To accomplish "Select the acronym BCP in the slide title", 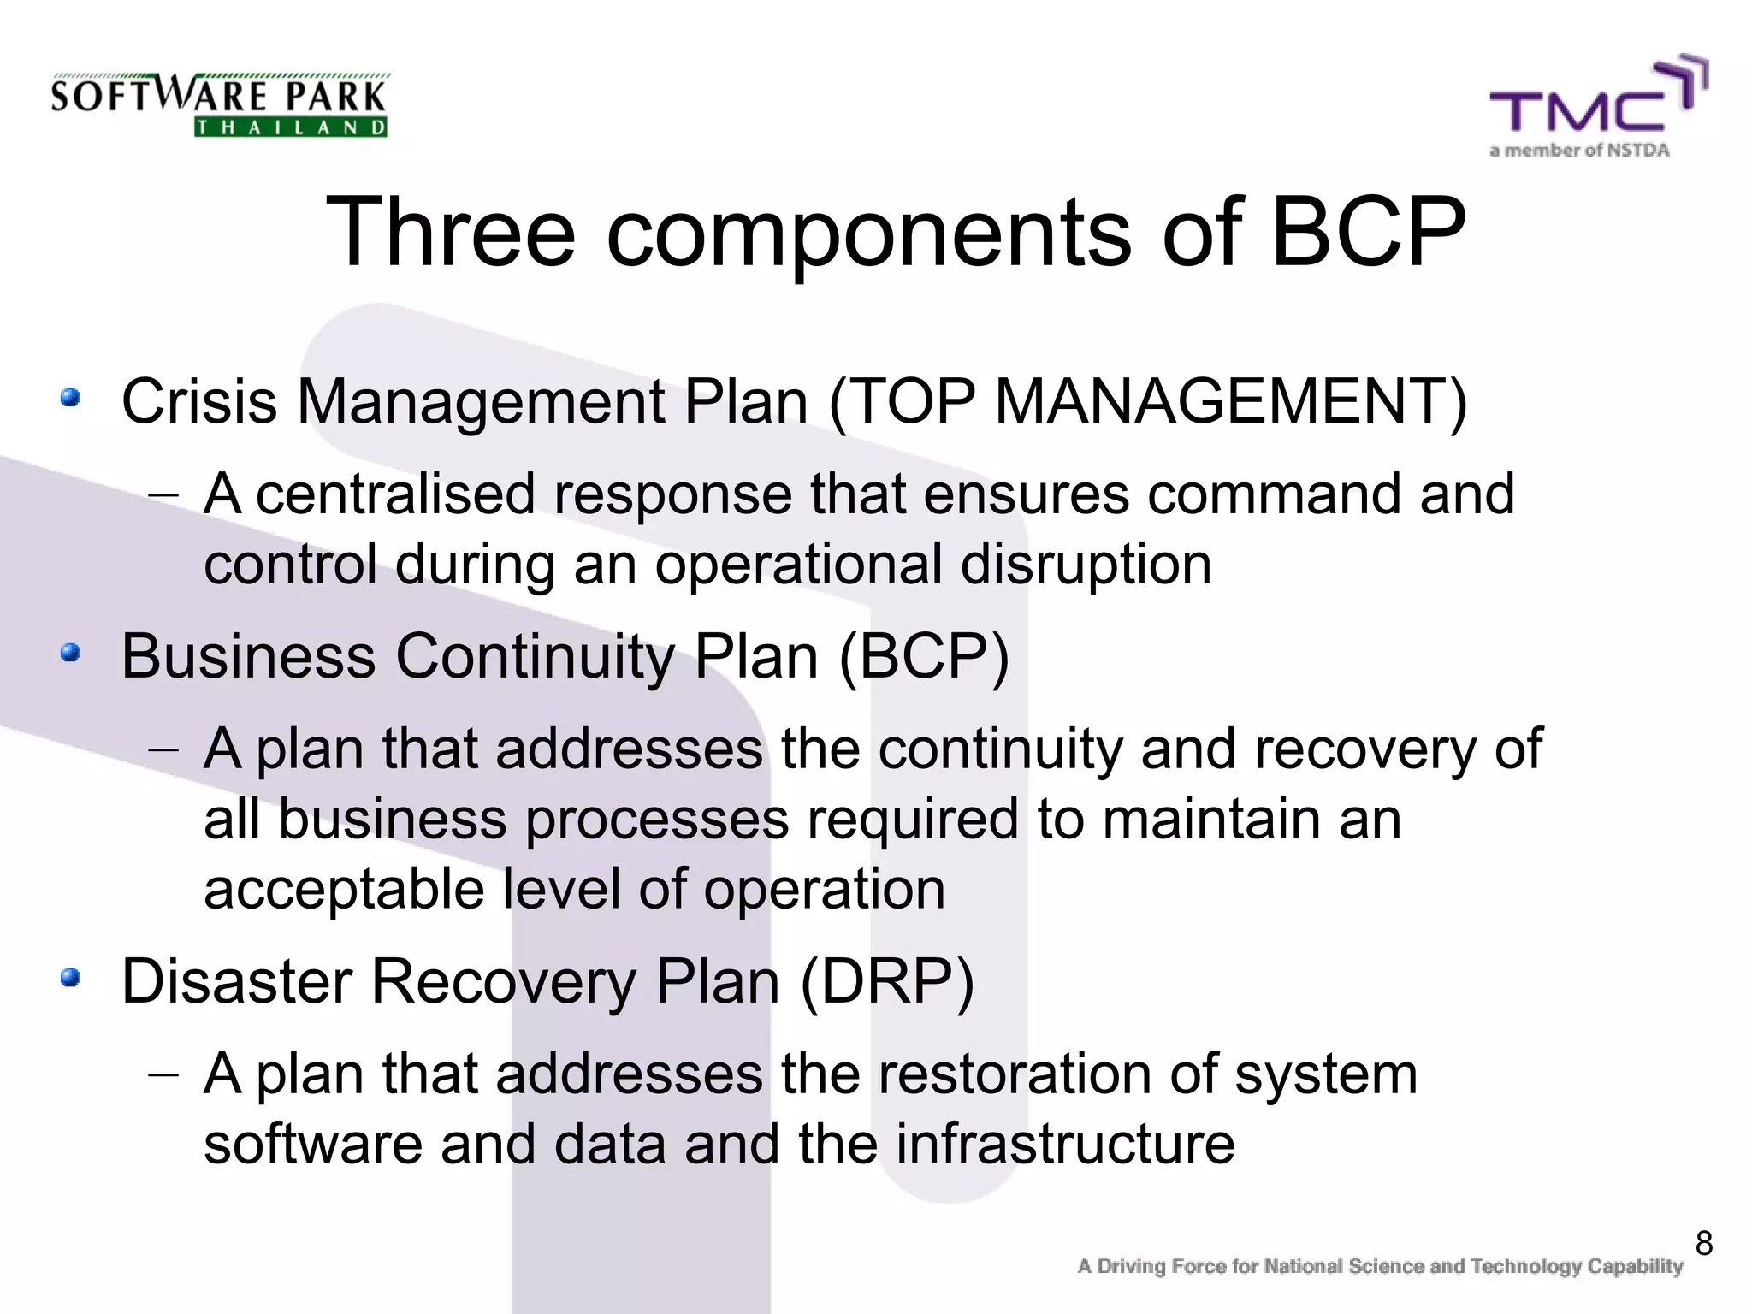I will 1368,233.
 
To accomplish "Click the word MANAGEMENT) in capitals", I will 1231,401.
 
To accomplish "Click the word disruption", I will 1086,565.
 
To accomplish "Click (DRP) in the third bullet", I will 887,980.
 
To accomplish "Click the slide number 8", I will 1703,1243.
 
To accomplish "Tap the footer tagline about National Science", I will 1380,1266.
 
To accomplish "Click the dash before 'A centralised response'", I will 163,495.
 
